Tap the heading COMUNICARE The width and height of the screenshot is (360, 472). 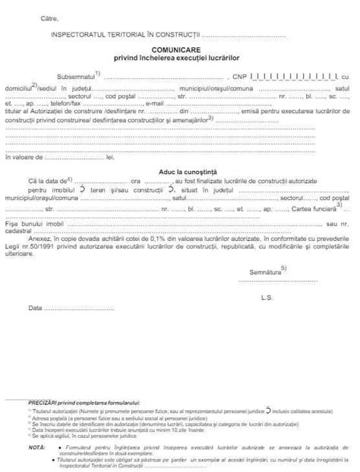point(179,49)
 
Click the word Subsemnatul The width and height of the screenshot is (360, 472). point(76,77)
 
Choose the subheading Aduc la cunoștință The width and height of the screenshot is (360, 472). point(179,172)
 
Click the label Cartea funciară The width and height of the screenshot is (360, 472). point(313,207)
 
